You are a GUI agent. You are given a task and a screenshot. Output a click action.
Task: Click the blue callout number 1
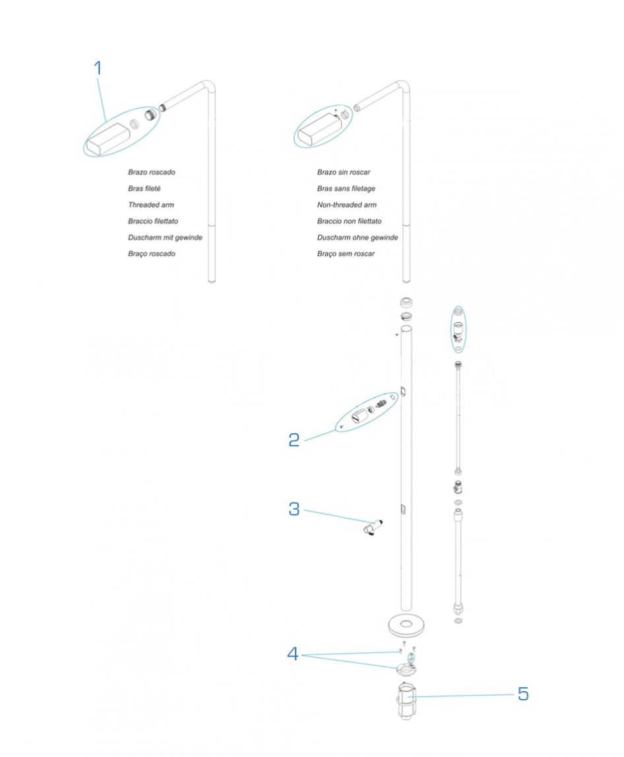(98, 68)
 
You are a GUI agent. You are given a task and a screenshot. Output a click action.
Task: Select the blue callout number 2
(294, 440)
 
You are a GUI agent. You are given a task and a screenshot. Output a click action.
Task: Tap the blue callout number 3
(294, 509)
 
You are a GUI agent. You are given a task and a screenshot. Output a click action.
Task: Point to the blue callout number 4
(294, 653)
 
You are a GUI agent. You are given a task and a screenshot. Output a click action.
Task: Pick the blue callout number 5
(523, 694)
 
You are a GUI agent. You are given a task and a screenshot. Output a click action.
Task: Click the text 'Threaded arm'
(151, 205)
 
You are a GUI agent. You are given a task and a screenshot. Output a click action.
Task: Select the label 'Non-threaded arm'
(347, 205)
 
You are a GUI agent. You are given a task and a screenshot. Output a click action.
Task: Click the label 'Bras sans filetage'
(346, 189)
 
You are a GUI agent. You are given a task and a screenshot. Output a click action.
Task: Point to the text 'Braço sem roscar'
(346, 254)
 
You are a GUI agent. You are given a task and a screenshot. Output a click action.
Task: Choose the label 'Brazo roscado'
(152, 173)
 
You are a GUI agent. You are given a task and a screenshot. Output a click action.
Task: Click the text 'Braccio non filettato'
(349, 222)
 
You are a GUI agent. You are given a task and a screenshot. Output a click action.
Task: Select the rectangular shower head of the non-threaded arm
(316, 131)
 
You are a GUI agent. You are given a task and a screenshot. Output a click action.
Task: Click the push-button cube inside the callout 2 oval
(358, 416)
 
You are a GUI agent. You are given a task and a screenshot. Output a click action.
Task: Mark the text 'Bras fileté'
(144, 189)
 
